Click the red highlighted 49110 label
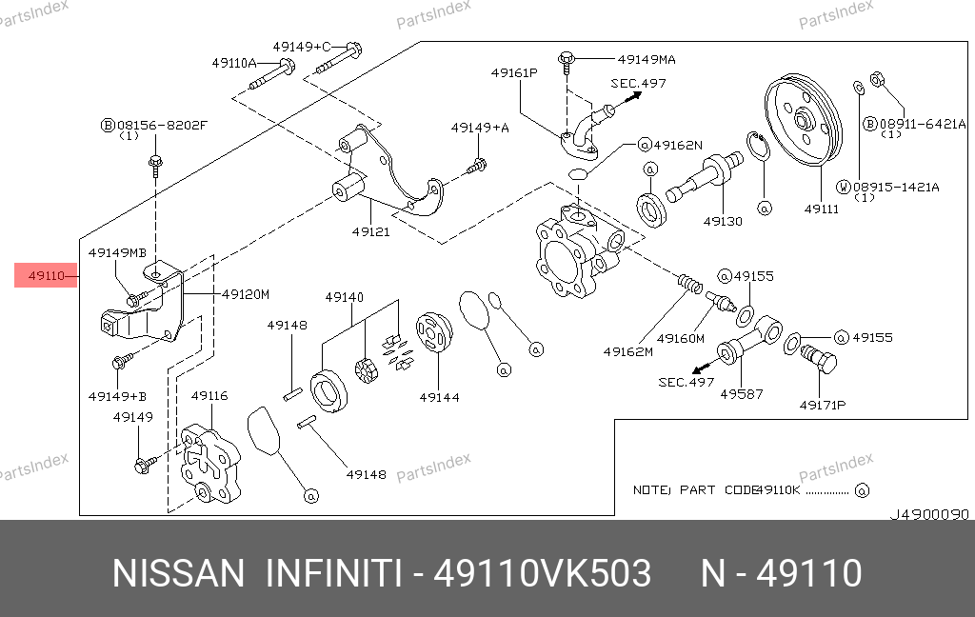(46, 276)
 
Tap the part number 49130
(723, 221)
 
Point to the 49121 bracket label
(370, 231)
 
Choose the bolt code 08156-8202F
(161, 124)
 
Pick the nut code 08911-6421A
(921, 124)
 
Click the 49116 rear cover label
(209, 395)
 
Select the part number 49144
(439, 396)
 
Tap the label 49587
(742, 393)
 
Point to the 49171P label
(822, 405)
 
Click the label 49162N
(677, 145)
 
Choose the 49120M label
(246, 294)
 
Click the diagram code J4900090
(928, 514)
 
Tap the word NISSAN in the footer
(179, 574)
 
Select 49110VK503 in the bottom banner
(543, 574)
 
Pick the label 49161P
(515, 72)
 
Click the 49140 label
(344, 297)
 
